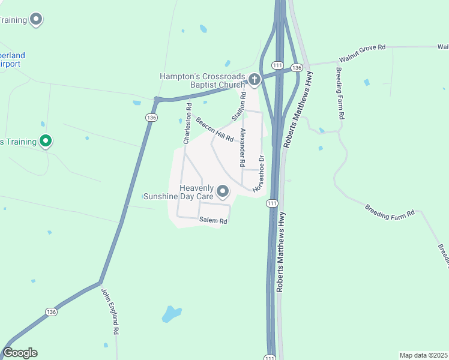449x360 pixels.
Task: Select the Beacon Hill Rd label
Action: click(215, 129)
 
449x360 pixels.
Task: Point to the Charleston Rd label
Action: click(187, 124)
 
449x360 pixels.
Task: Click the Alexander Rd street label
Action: click(243, 147)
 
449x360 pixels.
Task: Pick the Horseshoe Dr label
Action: click(259, 174)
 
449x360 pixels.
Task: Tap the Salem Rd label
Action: click(214, 221)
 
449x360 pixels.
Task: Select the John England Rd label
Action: click(110, 311)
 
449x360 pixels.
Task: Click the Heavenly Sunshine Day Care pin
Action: click(223, 192)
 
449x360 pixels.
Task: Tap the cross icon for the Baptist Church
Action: click(255, 79)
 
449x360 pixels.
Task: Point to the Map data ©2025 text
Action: click(423, 355)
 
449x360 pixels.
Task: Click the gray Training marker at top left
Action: click(37, 20)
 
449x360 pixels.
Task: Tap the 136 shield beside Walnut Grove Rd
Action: click(296, 68)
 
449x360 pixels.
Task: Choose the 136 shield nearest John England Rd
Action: click(52, 311)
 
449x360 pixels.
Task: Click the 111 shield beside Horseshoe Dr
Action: click(272, 204)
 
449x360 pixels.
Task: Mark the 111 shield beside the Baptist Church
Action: click(277, 65)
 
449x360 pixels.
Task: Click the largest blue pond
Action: click(171, 314)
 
